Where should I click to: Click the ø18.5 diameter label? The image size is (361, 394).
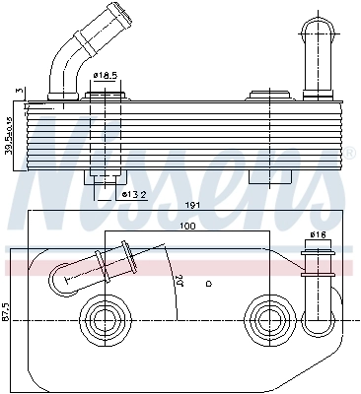pyautogui.click(x=106, y=75)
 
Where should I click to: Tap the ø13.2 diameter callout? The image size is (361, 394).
pyautogui.click(x=135, y=194)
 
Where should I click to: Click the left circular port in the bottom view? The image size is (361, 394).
pyautogui.click(x=103, y=317)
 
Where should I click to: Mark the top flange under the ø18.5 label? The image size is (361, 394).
pyautogui.click(x=106, y=96)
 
